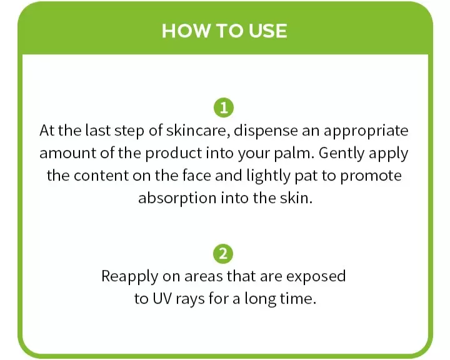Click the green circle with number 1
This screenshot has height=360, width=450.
pos(224,108)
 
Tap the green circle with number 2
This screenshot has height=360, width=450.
pos(223,254)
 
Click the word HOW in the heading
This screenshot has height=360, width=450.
pos(186,31)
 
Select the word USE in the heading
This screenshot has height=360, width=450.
pos(267,31)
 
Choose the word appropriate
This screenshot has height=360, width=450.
pos(366,131)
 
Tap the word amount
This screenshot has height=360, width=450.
pos(67,153)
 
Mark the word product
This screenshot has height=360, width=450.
pos(173,154)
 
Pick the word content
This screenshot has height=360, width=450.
pos(101,176)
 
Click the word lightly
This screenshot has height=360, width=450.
pos(268,176)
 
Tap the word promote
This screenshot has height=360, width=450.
pos(371,176)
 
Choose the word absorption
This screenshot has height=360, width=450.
pos(177,198)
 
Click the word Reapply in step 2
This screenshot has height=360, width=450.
pos(130,277)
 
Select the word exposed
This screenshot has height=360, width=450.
pos(316,276)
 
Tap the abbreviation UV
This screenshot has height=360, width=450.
pos(162,299)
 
